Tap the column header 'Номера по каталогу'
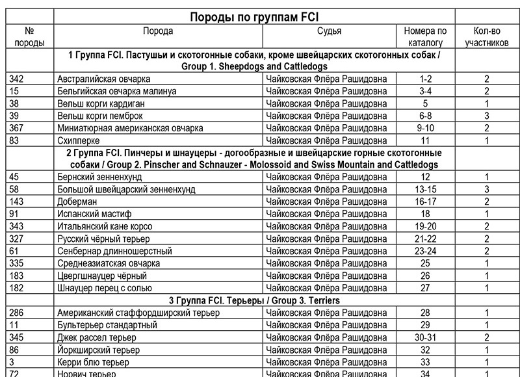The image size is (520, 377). click(425, 37)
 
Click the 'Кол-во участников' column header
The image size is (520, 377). click(486, 37)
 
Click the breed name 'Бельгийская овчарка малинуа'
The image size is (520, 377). click(116, 91)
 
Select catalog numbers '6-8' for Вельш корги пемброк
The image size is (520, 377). click(425, 115)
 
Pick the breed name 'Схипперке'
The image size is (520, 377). click(79, 140)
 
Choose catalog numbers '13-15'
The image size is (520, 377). click(425, 189)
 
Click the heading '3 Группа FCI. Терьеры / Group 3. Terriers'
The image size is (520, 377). click(254, 301)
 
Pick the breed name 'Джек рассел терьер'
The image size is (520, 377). click(96, 337)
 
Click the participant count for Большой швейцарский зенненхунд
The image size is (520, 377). click(486, 189)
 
